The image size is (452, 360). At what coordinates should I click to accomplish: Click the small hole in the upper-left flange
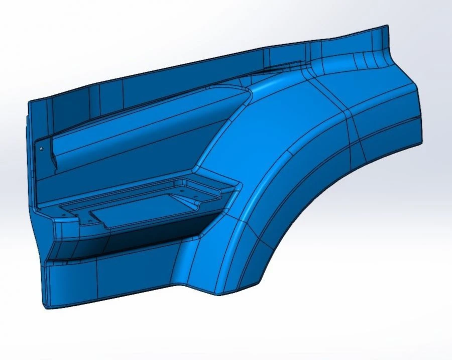pyautogui.click(x=42, y=148)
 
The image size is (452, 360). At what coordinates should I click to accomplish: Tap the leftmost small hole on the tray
pyautogui.click(x=63, y=214)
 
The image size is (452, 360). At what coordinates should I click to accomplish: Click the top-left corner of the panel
pyautogui.click(x=30, y=102)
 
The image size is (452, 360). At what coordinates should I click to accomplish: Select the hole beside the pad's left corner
pyautogui.click(x=90, y=219)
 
